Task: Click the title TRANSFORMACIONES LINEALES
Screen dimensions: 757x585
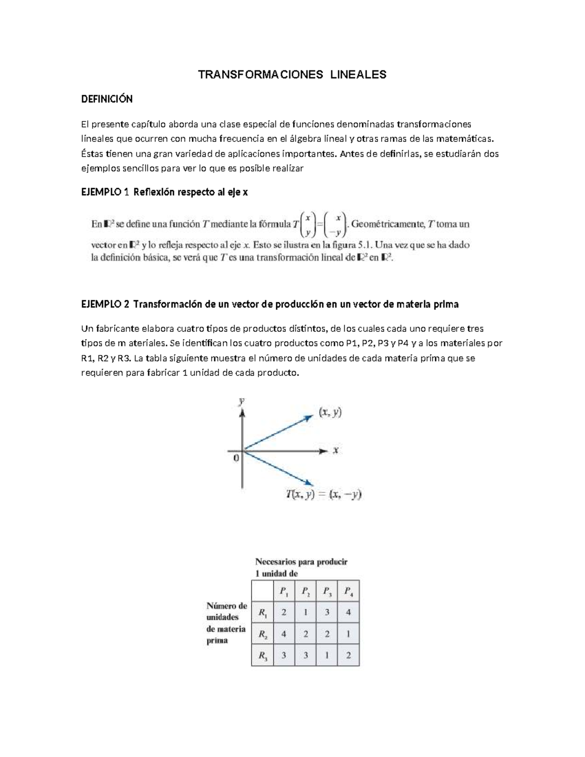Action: click(x=292, y=75)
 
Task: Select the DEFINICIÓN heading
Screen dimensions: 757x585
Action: click(x=106, y=99)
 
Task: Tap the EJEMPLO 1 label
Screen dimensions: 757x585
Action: click(x=105, y=192)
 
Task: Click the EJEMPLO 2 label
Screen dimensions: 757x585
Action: click(x=105, y=304)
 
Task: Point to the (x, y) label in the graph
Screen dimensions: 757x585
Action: click(x=330, y=412)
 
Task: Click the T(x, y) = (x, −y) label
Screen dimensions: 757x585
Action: click(x=323, y=494)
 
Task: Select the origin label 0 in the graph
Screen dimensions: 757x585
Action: click(x=236, y=458)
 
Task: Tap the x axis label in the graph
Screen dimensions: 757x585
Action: click(x=335, y=450)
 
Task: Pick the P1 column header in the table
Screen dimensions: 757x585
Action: click(x=284, y=592)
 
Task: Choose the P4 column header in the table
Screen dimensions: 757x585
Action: click(x=348, y=592)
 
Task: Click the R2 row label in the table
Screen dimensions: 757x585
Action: click(x=263, y=634)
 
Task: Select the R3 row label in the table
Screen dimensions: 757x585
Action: click(x=263, y=656)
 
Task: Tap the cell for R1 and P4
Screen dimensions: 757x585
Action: click(x=348, y=612)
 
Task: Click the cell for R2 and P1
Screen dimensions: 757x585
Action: click(x=284, y=634)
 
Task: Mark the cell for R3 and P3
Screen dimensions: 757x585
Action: click(x=327, y=656)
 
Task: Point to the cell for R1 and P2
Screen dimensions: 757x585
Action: click(x=305, y=612)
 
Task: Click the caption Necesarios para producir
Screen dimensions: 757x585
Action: click(x=301, y=562)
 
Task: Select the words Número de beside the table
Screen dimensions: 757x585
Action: click(x=227, y=606)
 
